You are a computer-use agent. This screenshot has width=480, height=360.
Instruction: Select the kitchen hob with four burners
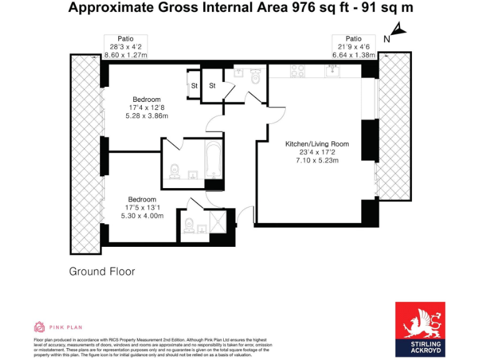click(297, 72)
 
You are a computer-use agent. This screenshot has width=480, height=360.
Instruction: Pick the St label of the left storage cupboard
click(194, 86)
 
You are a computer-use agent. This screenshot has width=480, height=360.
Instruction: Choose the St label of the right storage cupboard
click(212, 86)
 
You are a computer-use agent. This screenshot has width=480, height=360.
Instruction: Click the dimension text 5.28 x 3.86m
click(146, 116)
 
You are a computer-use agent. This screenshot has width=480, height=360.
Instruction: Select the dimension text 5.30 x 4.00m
click(142, 216)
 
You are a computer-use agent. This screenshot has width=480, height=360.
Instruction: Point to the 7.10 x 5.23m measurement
click(317, 161)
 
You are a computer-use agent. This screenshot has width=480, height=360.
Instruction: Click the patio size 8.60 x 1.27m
click(126, 55)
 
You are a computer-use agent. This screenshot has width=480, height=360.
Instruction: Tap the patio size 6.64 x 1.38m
click(354, 55)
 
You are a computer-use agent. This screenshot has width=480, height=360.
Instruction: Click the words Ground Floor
click(102, 272)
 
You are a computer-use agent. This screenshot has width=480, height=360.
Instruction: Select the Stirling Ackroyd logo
click(420, 329)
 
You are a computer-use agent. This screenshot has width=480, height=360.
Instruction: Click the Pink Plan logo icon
click(39, 327)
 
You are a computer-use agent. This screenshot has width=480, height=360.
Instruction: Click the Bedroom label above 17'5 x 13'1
click(142, 199)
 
